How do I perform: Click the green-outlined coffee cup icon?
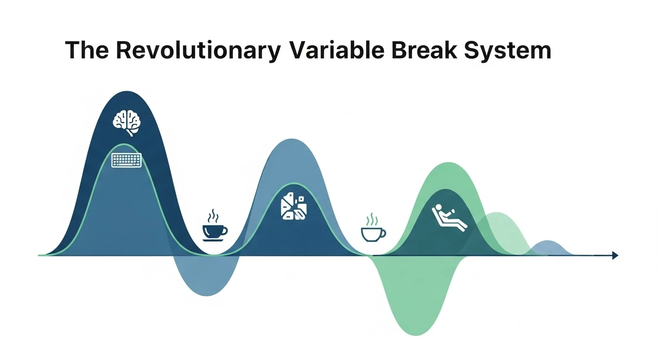coord(373,233)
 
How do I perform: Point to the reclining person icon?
coord(449,217)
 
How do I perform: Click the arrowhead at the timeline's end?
coord(615,255)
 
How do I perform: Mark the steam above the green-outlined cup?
coord(372,219)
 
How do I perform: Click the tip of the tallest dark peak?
coord(127,92)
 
